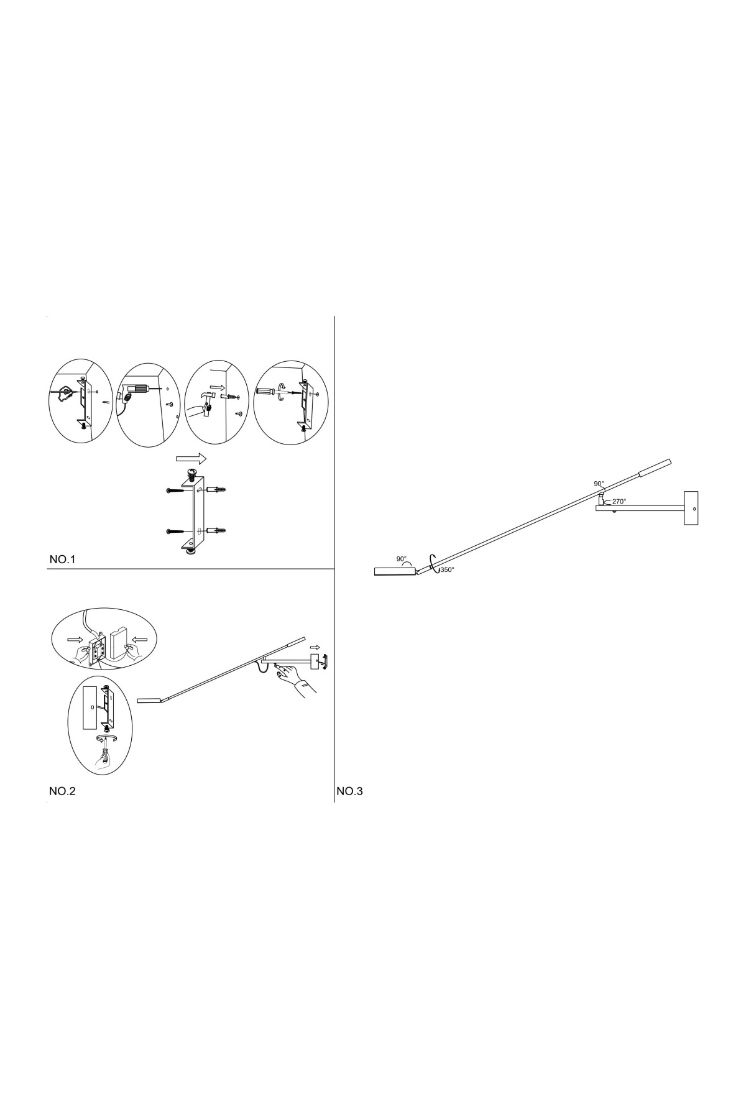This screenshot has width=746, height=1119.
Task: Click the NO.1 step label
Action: pos(62,560)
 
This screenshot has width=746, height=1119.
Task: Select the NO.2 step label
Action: pos(62,791)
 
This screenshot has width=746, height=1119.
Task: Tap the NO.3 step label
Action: pos(350,791)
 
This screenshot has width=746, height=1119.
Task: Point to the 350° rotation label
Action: pos(447,569)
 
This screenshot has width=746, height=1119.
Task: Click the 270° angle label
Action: pos(619,501)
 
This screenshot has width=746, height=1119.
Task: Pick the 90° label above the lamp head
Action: pos(402,559)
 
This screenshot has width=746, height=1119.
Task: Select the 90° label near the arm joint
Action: pos(599,484)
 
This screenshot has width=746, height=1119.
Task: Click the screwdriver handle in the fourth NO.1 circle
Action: pos(265,392)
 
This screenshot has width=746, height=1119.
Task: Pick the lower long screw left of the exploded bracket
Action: pos(179,532)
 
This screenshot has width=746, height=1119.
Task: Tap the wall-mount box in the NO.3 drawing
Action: pos(691,508)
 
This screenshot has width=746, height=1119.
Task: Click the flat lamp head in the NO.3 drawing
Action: pos(395,571)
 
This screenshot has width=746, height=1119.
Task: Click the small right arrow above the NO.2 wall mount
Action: pos(315,647)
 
